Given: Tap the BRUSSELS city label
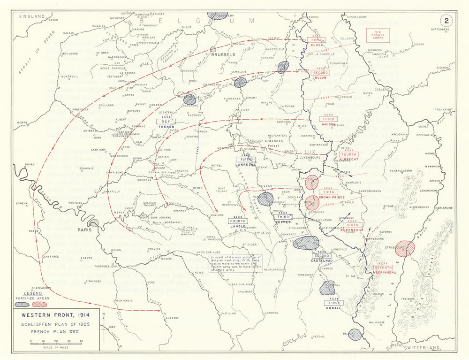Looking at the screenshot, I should [x=223, y=55].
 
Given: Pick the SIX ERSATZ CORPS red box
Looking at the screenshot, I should [x=378, y=35].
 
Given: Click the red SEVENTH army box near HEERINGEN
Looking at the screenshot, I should [x=383, y=268].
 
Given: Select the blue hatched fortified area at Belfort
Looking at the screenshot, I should [x=355, y=334].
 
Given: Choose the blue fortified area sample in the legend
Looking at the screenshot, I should [x=23, y=304].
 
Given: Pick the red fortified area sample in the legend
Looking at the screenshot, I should [x=40, y=304].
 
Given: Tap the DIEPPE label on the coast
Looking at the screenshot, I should [x=22, y=123].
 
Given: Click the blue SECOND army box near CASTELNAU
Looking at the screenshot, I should [x=321, y=256].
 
